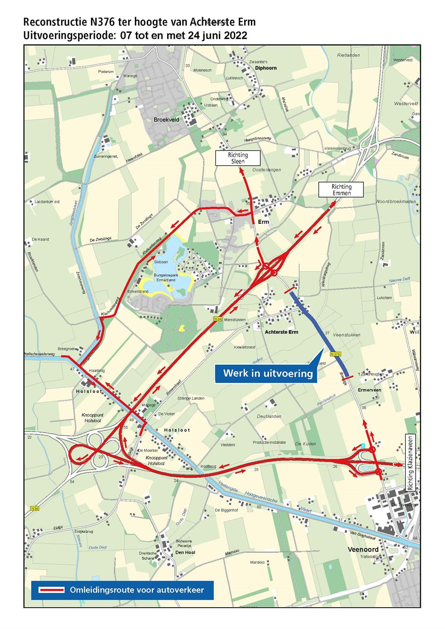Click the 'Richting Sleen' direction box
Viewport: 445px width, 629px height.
[238, 158]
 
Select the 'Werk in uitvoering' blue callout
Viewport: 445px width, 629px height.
[268, 373]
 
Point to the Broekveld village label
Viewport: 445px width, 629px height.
[166, 120]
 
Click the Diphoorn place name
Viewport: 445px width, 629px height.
[266, 68]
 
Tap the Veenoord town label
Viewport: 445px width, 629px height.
[363, 549]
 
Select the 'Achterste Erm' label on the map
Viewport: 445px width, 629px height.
[281, 332]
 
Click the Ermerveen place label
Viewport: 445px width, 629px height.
[369, 390]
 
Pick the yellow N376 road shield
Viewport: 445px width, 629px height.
[334, 354]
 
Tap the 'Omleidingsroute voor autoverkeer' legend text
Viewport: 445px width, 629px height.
[137, 590]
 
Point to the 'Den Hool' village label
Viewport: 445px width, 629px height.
[185, 552]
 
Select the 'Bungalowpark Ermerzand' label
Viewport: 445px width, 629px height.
[164, 277]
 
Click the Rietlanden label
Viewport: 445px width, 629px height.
[348, 55]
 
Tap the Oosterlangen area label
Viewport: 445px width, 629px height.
[267, 169]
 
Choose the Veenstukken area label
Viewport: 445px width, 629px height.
[347, 335]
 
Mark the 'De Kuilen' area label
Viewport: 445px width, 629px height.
[305, 444]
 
